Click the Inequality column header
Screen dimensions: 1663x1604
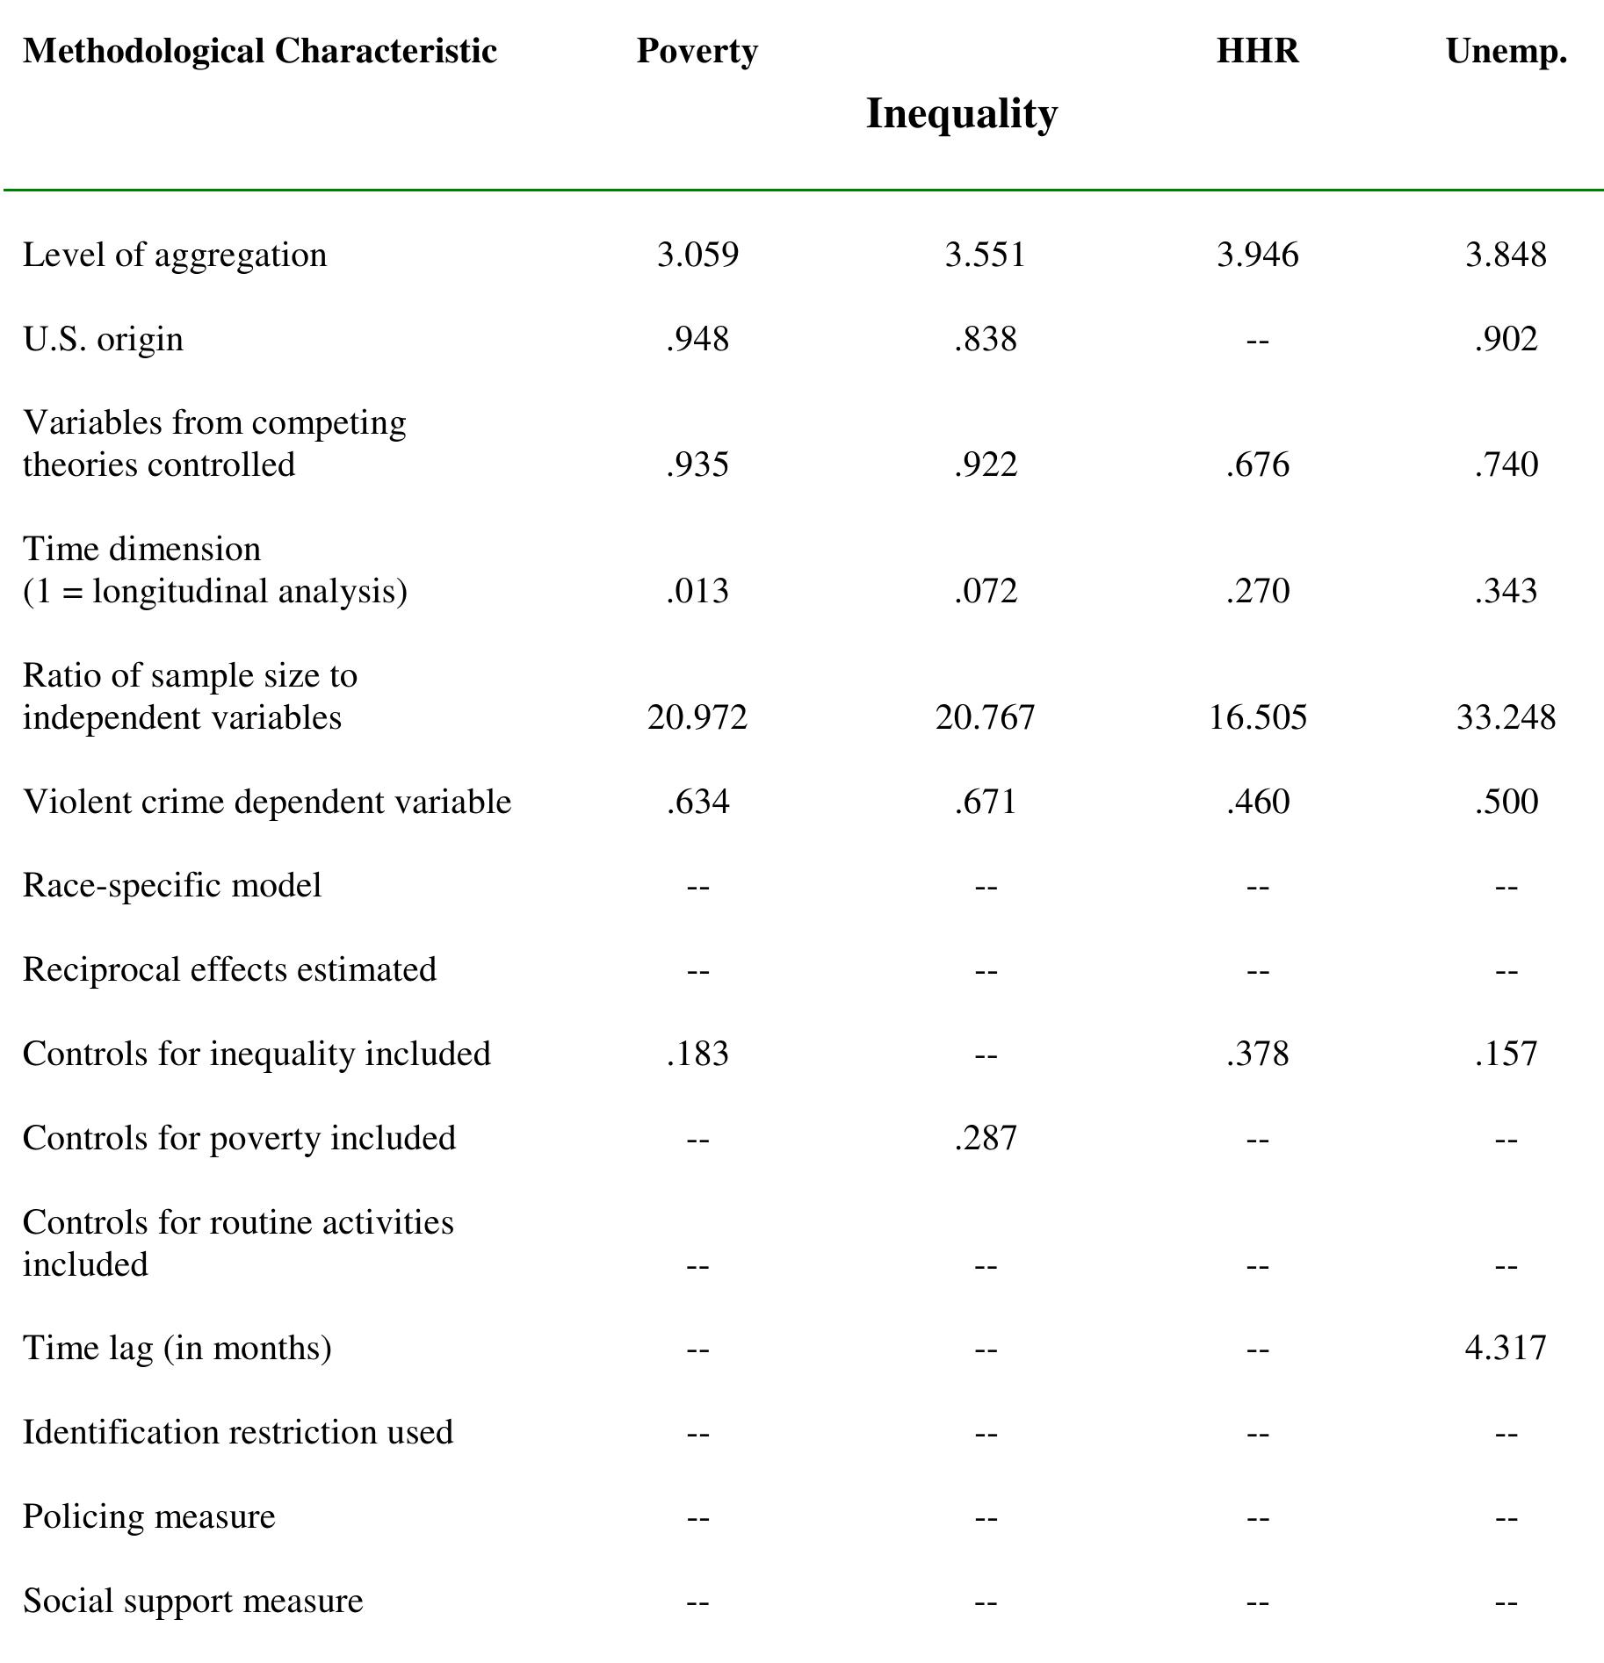point(961,114)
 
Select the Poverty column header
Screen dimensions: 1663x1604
point(697,51)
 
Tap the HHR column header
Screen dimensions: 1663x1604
point(1256,51)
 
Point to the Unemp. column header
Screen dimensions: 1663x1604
point(1506,51)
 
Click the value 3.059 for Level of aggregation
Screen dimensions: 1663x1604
point(697,255)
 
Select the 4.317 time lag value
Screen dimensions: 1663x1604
point(1505,1348)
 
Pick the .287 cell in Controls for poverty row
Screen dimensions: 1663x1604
point(985,1138)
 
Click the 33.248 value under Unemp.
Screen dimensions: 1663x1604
point(1505,717)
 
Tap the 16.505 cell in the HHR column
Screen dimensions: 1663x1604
point(1257,717)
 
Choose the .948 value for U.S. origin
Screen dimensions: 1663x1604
point(697,339)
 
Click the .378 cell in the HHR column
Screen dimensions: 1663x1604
point(1257,1054)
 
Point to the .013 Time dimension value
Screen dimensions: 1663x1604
point(697,591)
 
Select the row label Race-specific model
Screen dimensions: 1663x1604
point(172,885)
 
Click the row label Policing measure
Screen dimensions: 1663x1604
point(149,1516)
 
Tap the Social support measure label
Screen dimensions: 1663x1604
point(193,1601)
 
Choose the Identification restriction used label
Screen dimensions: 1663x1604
point(238,1432)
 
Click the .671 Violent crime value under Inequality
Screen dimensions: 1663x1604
point(985,802)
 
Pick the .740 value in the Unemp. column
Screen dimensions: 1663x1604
point(1506,464)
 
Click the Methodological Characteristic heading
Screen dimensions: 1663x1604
point(260,51)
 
